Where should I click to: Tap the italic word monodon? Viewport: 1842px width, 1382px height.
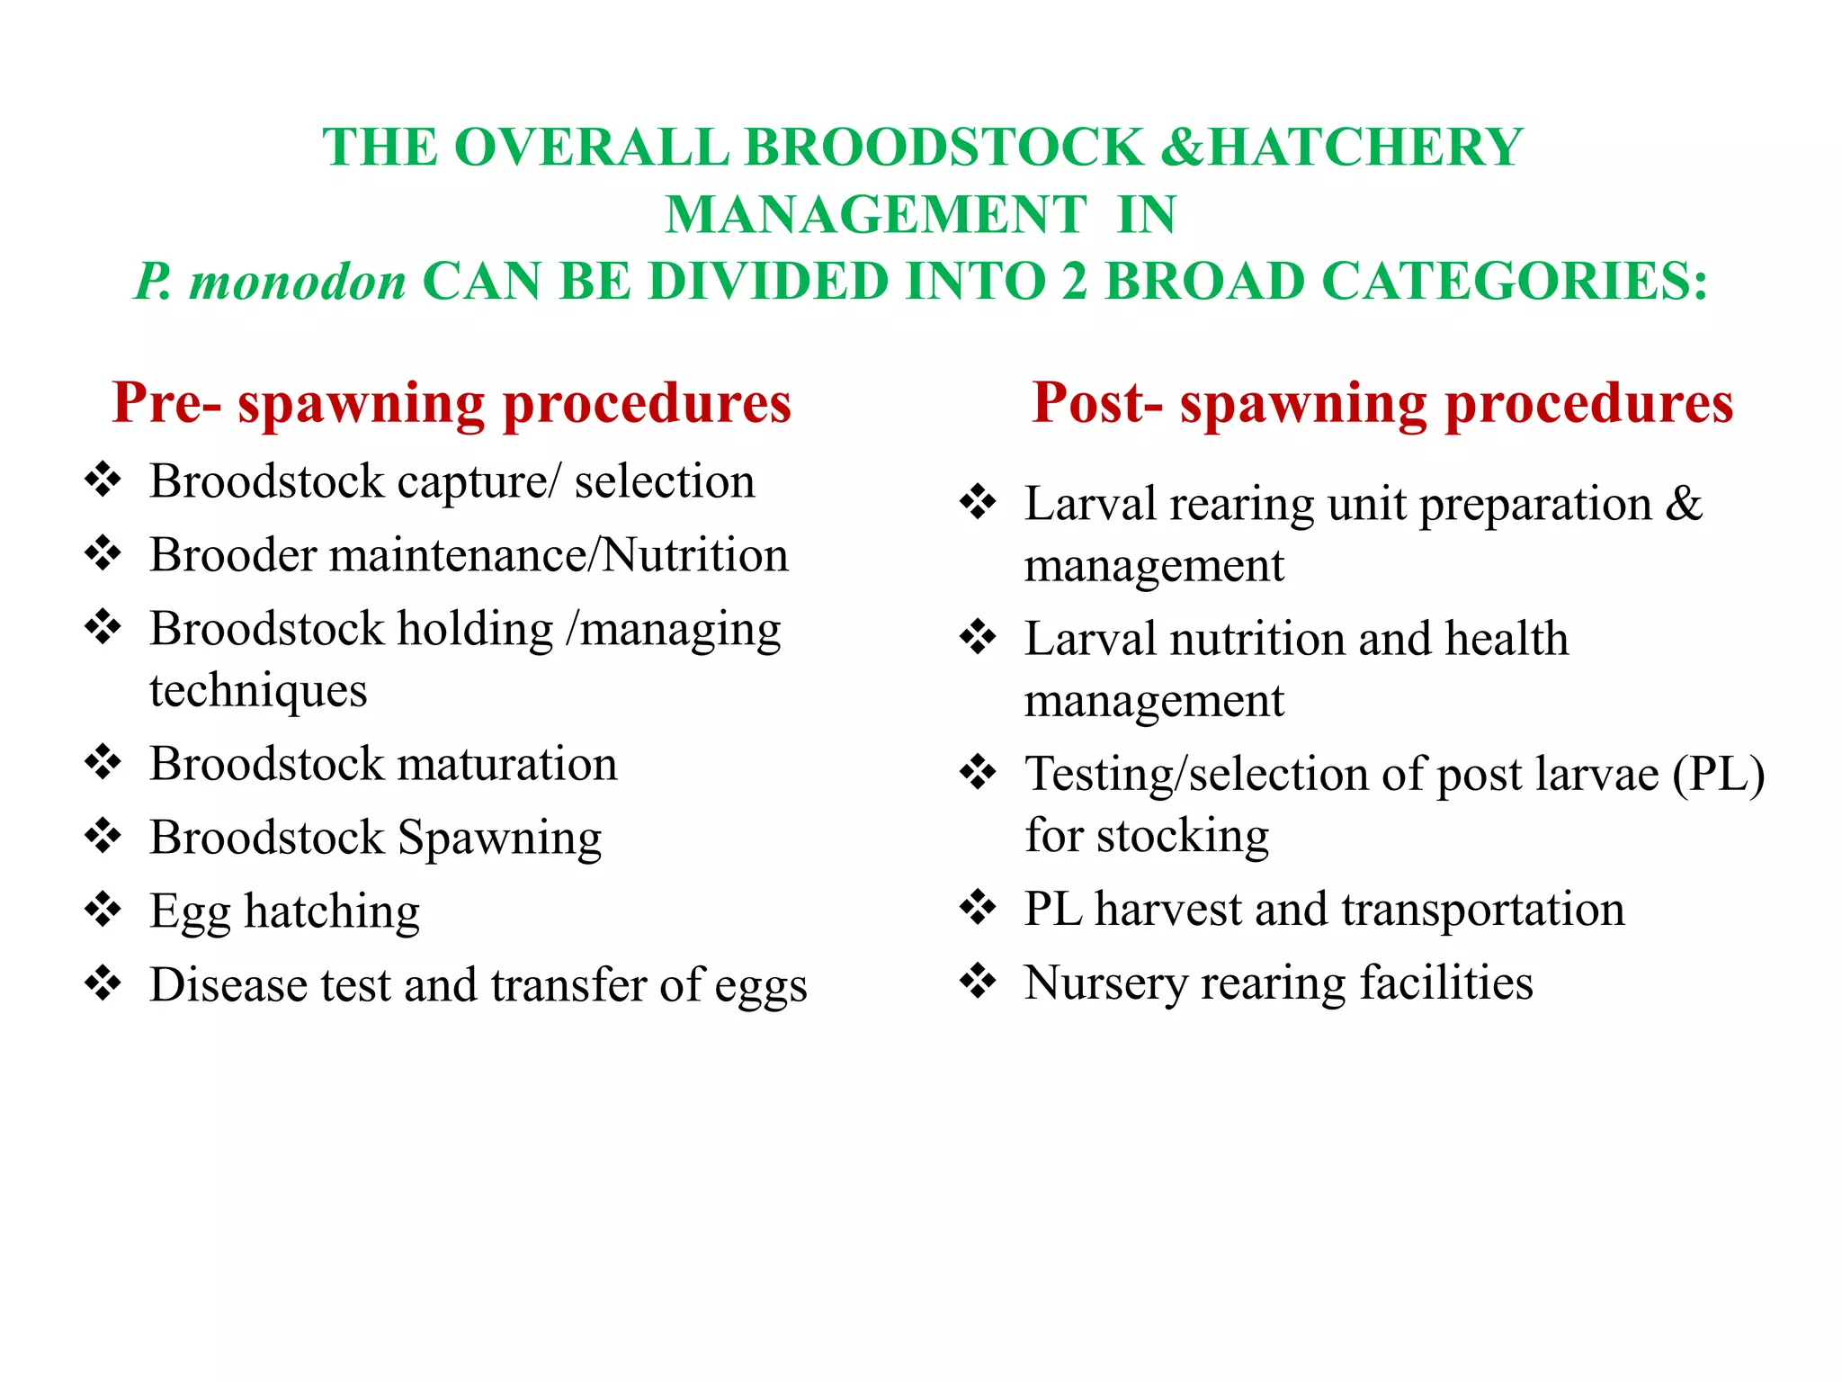pyautogui.click(x=298, y=282)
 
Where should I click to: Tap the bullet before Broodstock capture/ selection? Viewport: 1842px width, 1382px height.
pyautogui.click(x=103, y=480)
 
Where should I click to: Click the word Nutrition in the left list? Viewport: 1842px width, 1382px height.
pyautogui.click(x=695, y=555)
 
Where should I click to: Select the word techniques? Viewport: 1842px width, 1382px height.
pyautogui.click(x=258, y=691)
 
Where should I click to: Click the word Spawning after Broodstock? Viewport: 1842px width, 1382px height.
pyautogui.click(x=499, y=839)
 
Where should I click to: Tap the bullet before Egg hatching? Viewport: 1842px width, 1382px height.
pyautogui.click(x=103, y=910)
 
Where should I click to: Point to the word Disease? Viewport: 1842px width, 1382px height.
pyautogui.click(x=228, y=984)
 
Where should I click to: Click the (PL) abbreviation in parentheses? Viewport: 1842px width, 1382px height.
pyautogui.click(x=1718, y=774)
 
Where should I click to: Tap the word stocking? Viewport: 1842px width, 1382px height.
pyautogui.click(x=1183, y=837)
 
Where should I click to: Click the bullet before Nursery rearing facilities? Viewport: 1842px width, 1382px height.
pyautogui.click(x=978, y=982)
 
